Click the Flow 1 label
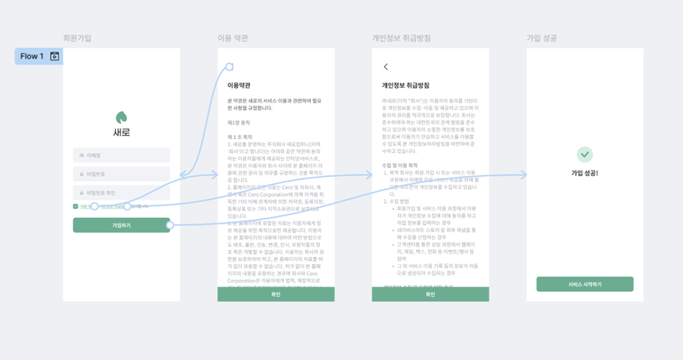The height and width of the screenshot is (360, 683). click(33, 56)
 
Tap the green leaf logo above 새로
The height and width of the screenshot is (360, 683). click(121, 117)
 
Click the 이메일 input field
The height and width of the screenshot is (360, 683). click(121, 155)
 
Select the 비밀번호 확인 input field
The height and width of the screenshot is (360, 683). click(121, 193)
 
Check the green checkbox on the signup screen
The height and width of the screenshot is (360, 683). click(75, 206)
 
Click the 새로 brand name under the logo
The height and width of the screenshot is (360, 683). click(121, 132)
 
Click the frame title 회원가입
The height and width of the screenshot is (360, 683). click(77, 38)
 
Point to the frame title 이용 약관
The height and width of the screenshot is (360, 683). click(232, 38)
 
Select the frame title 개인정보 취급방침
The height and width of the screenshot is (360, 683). click(401, 38)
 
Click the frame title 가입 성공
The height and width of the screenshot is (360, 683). click(542, 38)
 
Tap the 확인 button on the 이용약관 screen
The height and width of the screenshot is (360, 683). click(275, 294)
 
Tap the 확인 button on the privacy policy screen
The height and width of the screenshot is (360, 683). click(430, 294)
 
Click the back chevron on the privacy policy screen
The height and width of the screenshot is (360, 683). click(386, 67)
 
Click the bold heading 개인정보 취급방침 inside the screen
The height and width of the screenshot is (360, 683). click(405, 85)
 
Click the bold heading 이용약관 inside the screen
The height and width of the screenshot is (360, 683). click(239, 85)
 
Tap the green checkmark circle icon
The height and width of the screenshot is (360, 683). click(585, 154)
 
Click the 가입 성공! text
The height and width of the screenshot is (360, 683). click(585, 173)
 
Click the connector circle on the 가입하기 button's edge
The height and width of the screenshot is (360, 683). click(170, 225)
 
